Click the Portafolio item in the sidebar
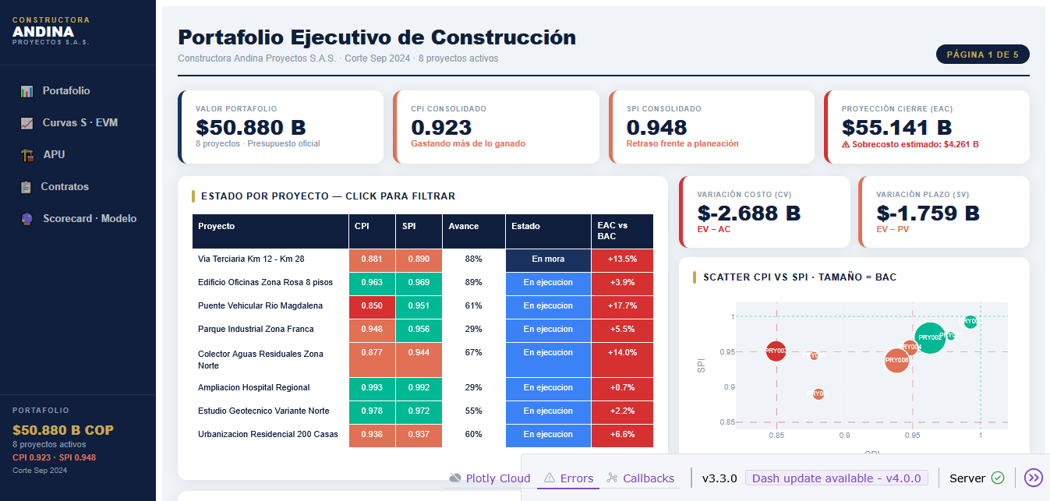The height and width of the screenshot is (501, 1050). coord(65,91)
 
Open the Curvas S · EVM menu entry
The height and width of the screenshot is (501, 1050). coord(80,123)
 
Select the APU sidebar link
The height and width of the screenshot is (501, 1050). coord(54,155)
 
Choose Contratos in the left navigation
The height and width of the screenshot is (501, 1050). coord(65,187)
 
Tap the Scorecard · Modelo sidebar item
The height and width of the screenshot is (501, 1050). coord(89,219)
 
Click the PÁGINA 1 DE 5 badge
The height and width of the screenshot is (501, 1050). coord(982,55)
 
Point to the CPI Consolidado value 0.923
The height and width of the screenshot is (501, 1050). coord(441,128)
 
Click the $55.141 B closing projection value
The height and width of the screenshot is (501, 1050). coord(896,128)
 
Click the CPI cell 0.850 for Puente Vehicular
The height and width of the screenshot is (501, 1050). coord(372,306)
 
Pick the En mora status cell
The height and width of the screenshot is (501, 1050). coord(548,259)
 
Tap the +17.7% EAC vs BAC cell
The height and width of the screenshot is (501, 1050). coord(622,306)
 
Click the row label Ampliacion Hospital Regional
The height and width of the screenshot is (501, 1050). coord(253,388)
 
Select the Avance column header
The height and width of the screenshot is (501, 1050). coord(463,227)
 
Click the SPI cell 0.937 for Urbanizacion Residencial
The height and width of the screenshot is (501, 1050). coord(419,435)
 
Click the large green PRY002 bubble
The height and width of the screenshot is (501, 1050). coord(930,337)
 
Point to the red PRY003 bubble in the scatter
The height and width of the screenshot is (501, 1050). coord(776,351)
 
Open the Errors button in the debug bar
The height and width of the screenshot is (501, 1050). coord(568,478)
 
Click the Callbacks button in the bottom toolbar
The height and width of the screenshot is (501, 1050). coord(640,478)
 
